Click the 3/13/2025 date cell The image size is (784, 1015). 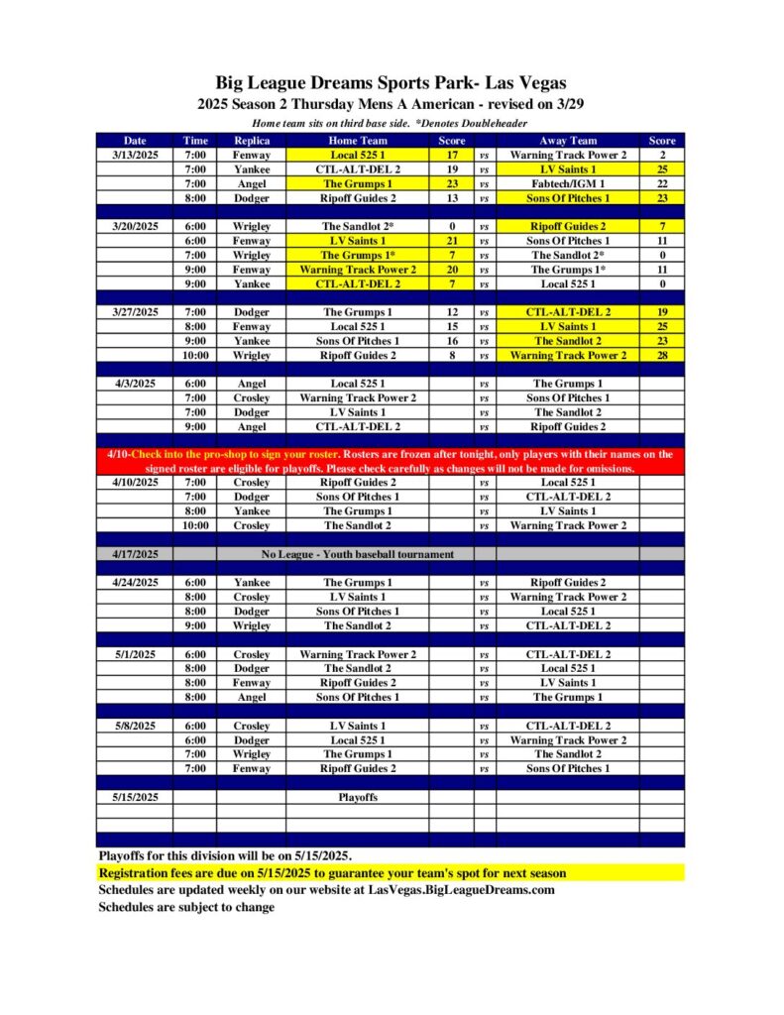(x=135, y=156)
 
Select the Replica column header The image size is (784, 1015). (x=251, y=141)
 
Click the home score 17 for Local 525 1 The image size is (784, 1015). (x=452, y=156)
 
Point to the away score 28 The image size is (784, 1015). (x=661, y=355)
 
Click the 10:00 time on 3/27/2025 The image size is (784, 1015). (x=195, y=355)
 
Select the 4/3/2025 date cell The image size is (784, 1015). (x=135, y=384)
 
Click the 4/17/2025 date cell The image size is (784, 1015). (x=135, y=554)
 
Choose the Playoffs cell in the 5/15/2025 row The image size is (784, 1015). (x=357, y=797)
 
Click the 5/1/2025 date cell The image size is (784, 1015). (x=135, y=654)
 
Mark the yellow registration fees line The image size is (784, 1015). (x=332, y=873)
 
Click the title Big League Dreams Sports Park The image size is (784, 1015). (x=392, y=83)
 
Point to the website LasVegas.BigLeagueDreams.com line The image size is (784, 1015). (x=326, y=890)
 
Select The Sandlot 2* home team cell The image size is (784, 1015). (x=357, y=226)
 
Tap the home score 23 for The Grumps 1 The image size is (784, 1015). (x=452, y=184)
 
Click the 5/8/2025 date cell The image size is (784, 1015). (x=135, y=726)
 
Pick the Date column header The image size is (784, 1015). (x=135, y=141)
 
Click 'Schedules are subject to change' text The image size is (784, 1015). (x=186, y=907)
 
